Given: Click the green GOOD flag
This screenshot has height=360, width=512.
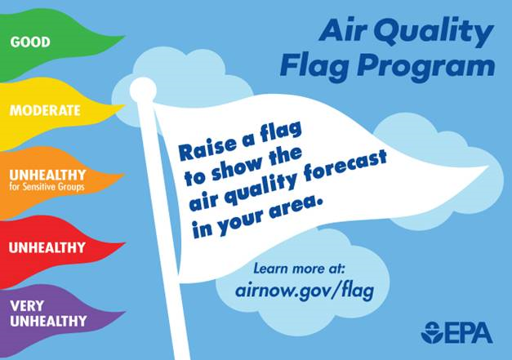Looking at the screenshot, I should click(57, 41).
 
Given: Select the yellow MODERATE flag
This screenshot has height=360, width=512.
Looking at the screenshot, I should click(57, 109).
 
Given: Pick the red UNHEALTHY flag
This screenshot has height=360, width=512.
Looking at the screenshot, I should click(57, 247).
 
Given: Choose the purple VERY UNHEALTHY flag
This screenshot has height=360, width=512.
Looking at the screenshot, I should click(57, 313).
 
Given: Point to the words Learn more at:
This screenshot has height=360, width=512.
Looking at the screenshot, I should click(301, 267).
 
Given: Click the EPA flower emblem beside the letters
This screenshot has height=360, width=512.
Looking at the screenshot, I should click(433, 333).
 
